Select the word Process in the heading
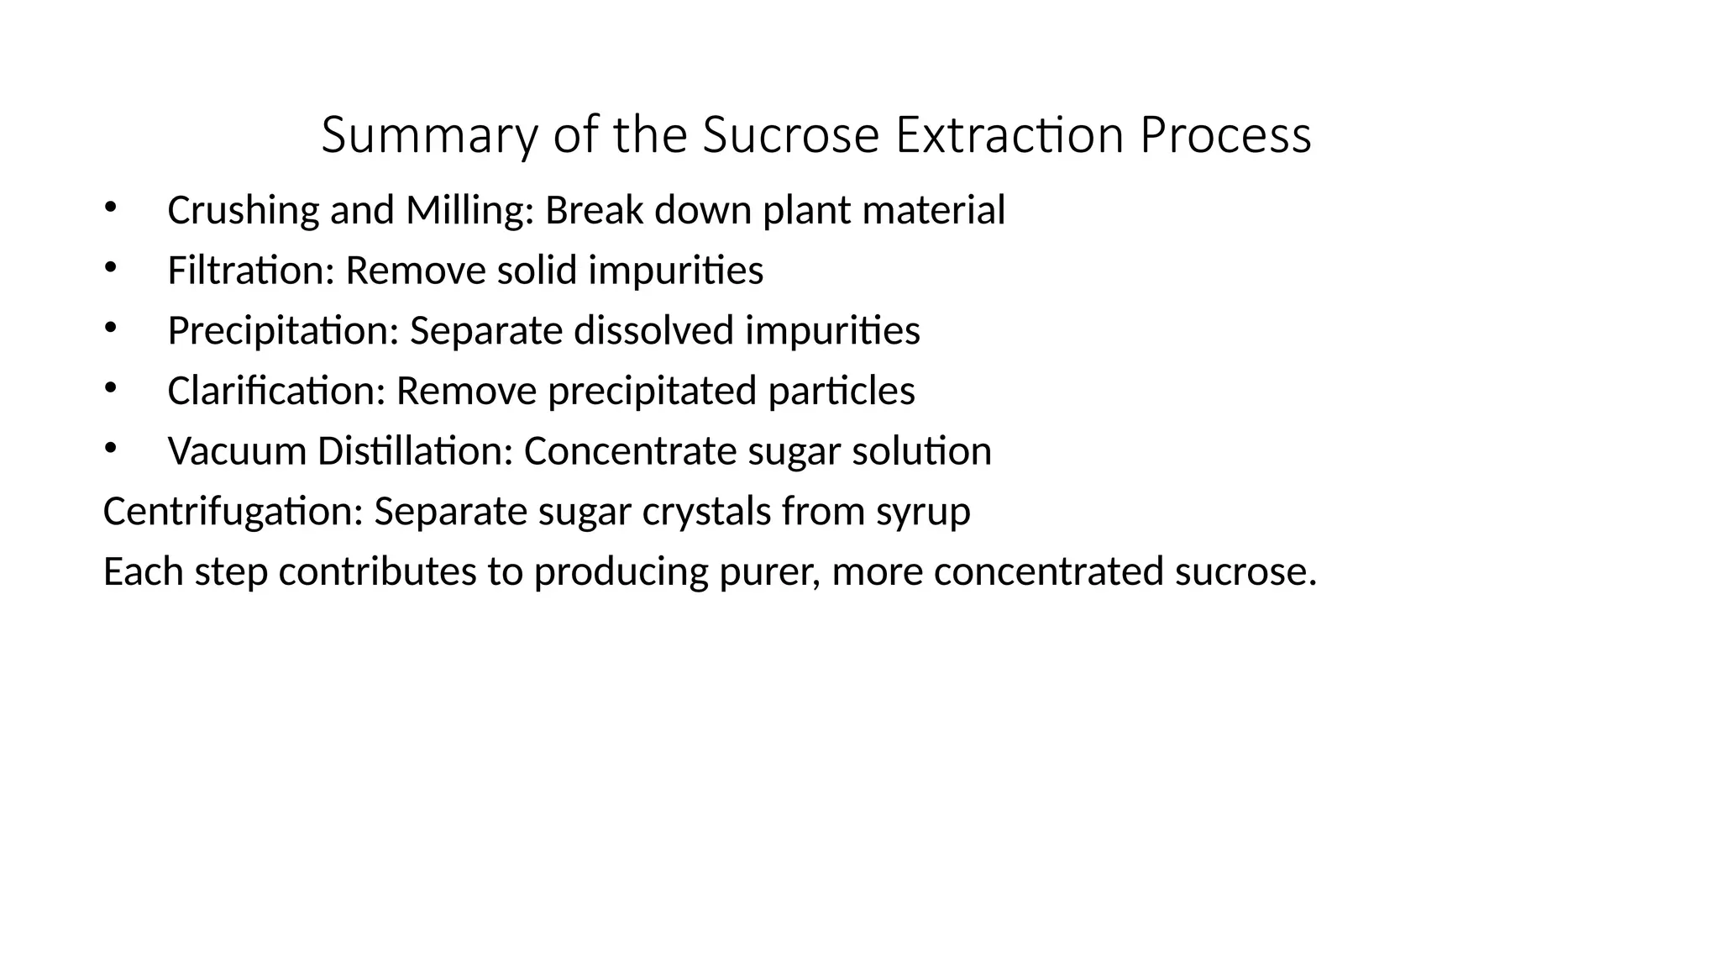(1225, 135)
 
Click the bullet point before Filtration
(109, 267)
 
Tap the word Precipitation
(282, 330)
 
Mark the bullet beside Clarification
(109, 387)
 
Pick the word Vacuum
(236, 451)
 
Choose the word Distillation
(415, 451)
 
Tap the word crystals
(706, 512)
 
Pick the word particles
(842, 391)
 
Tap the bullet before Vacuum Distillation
(109, 448)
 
